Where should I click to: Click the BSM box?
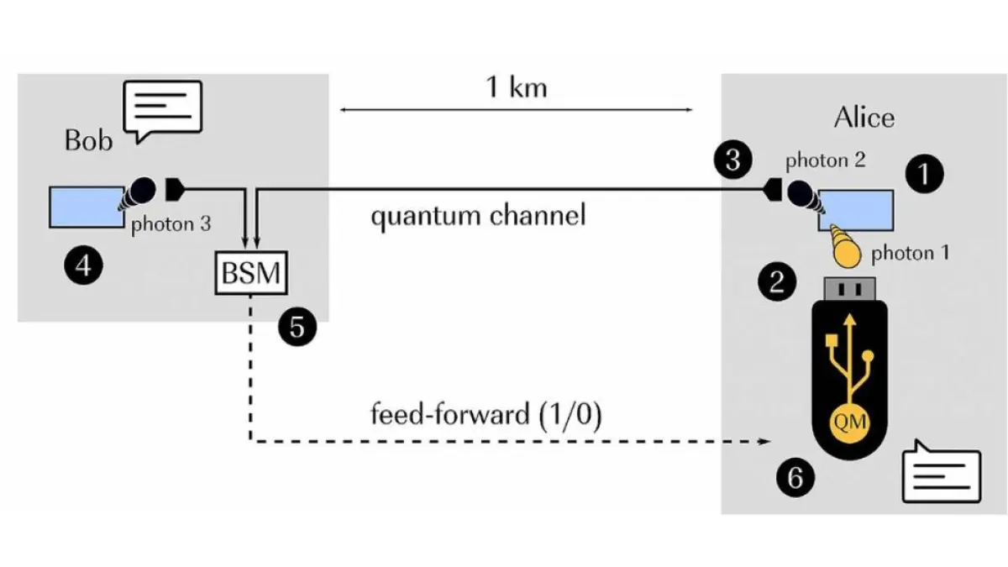click(250, 272)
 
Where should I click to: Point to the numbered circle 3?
click(732, 160)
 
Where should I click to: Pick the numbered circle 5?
click(297, 327)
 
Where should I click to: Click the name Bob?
click(88, 139)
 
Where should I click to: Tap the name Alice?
click(864, 118)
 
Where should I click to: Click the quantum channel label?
click(478, 216)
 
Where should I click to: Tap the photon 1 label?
click(910, 253)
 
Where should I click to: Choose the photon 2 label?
click(825, 160)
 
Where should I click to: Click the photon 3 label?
click(169, 224)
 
